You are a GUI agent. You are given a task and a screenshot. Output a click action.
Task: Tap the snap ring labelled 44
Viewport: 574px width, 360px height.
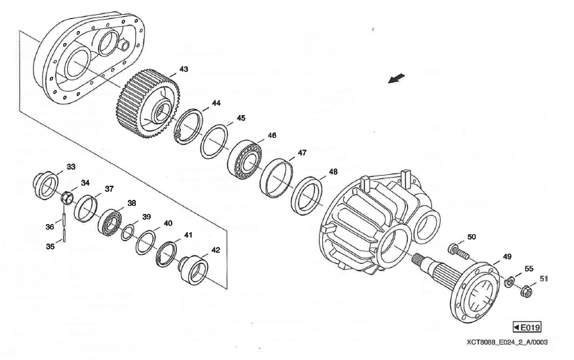(188, 125)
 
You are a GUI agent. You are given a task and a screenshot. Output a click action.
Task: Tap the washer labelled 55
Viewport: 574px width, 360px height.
(511, 281)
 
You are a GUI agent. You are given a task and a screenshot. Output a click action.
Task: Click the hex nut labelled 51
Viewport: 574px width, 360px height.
(528, 291)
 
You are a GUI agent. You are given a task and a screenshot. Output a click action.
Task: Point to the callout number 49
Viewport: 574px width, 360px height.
(506, 257)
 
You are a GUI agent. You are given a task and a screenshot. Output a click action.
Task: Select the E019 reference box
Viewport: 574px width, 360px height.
(527, 327)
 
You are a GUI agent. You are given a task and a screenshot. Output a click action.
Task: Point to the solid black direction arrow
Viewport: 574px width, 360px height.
(398, 79)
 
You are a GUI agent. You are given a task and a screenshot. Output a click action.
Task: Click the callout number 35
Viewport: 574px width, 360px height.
(50, 246)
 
